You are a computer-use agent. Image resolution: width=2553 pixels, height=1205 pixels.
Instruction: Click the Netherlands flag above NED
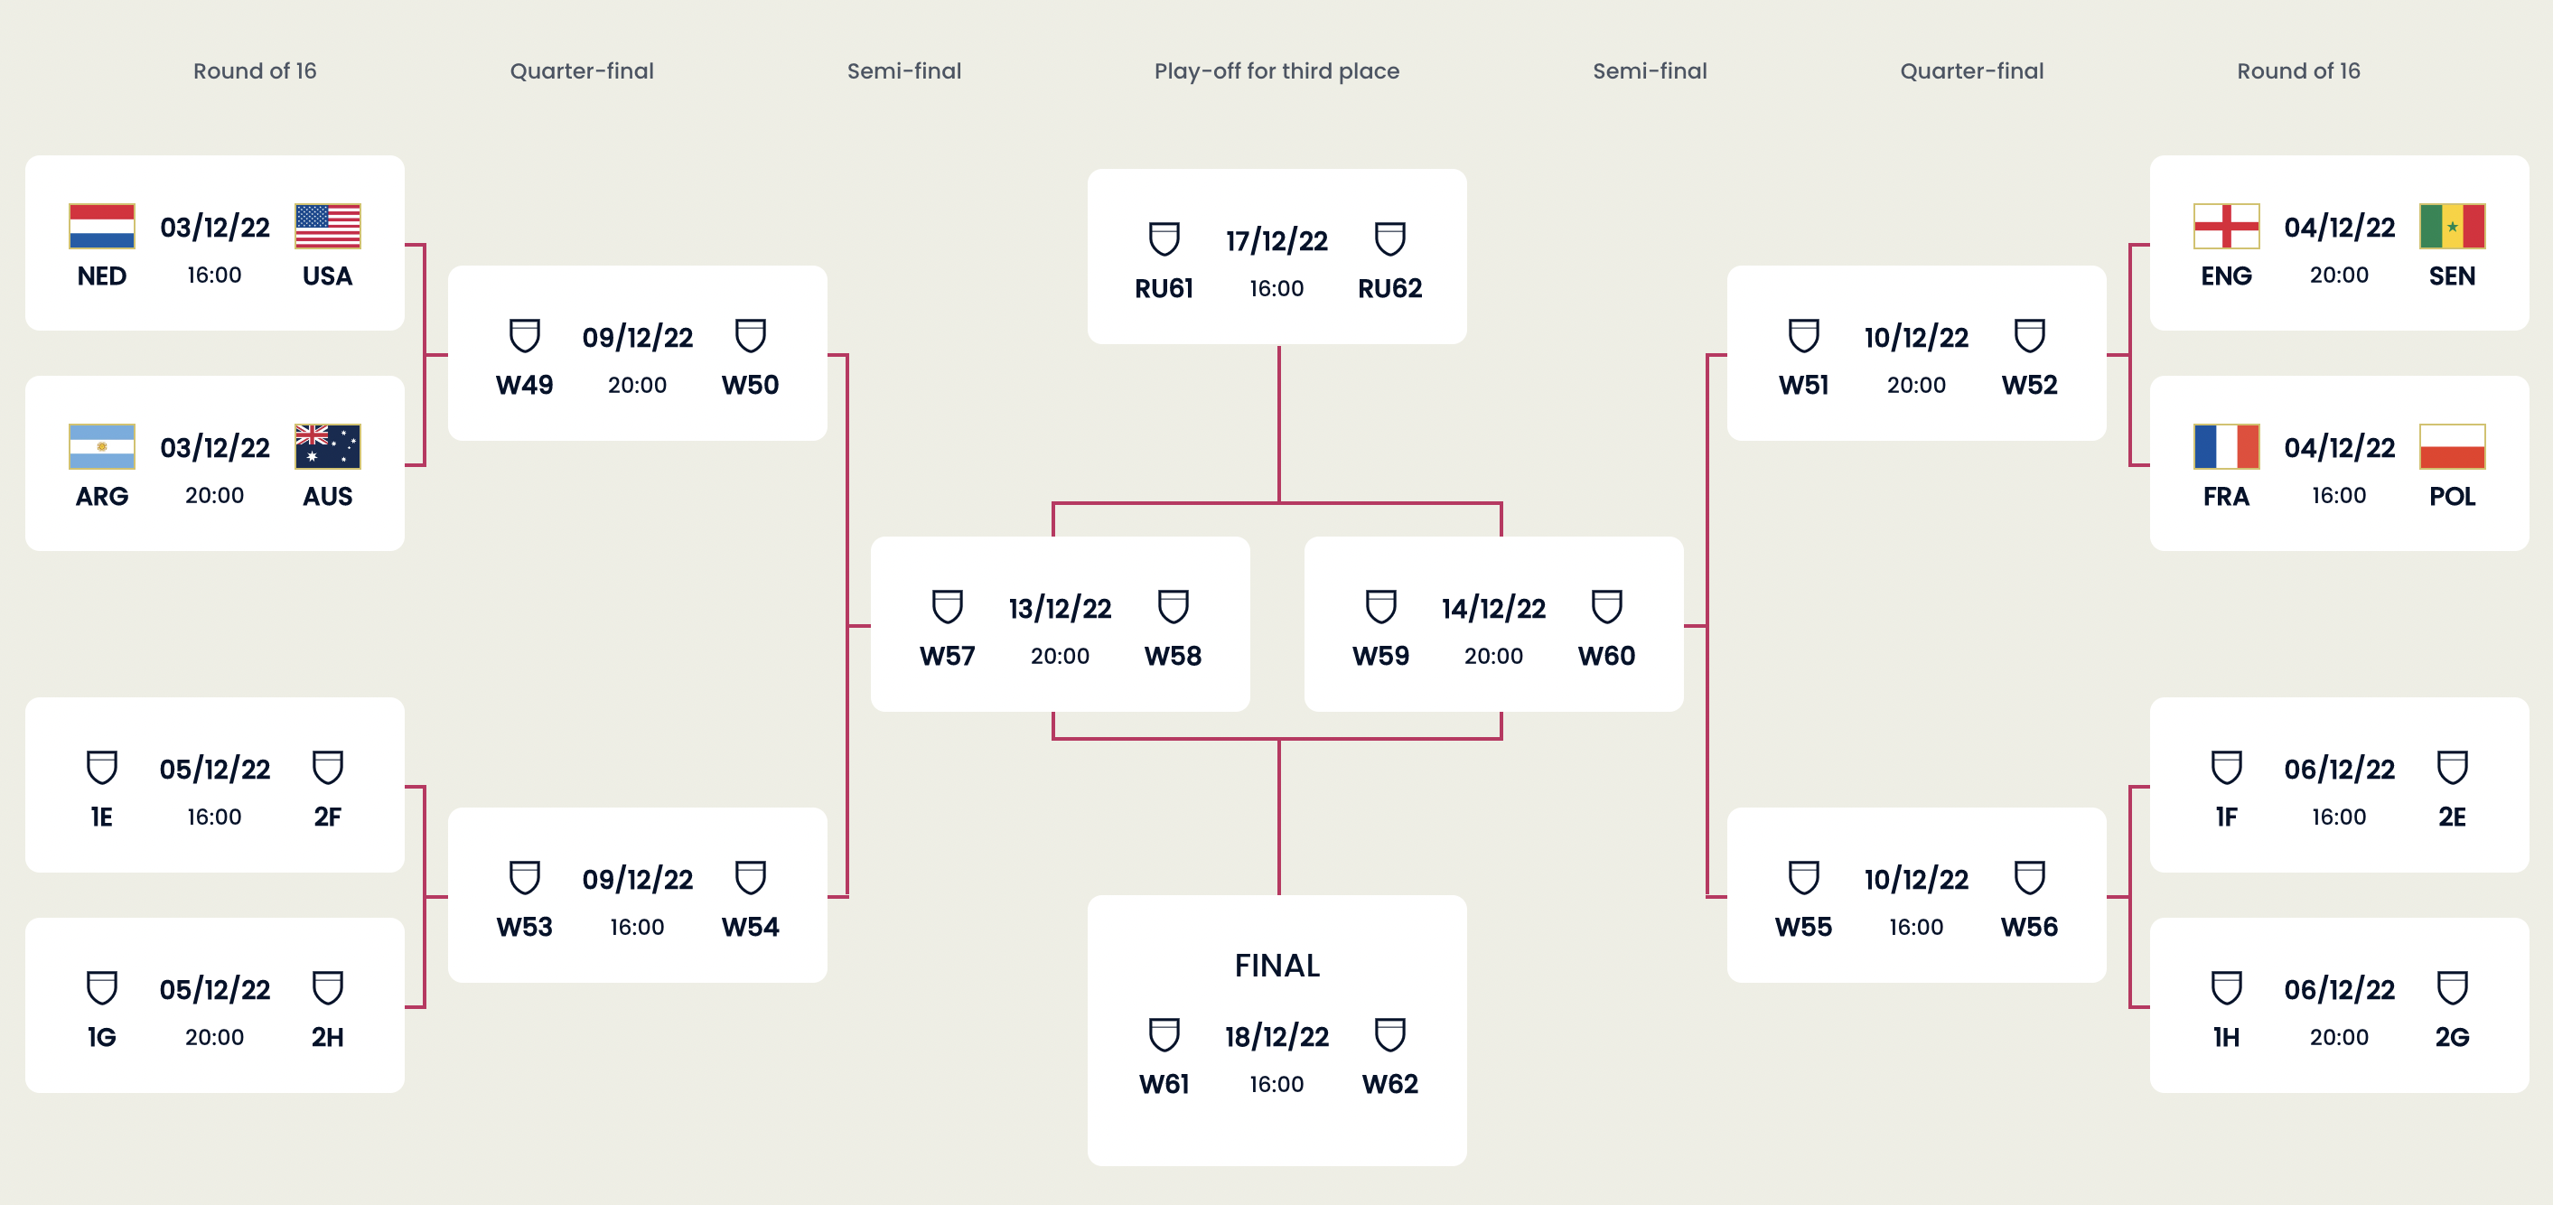pyautogui.click(x=102, y=226)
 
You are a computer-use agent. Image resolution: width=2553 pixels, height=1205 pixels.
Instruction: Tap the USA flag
pyautogui.click(x=328, y=226)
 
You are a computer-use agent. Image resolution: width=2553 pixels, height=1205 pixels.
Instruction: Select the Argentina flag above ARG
pyautogui.click(x=102, y=446)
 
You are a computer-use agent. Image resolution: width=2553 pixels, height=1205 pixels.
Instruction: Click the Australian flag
pyautogui.click(x=328, y=446)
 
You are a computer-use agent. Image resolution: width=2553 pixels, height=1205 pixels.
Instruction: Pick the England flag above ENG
pyautogui.click(x=2227, y=226)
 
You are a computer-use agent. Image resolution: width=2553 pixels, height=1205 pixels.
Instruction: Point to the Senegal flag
pyautogui.click(x=2453, y=226)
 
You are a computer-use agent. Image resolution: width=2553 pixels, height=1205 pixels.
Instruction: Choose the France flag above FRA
pyautogui.click(x=2227, y=446)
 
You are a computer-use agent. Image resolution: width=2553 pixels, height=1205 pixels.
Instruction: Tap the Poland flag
pyautogui.click(x=2453, y=446)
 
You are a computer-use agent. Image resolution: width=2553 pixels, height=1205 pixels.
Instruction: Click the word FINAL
pyautogui.click(x=1277, y=966)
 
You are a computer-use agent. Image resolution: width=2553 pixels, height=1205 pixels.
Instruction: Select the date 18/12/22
pyautogui.click(x=1277, y=1037)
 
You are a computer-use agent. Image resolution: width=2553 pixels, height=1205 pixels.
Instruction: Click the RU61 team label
pyautogui.click(x=1164, y=288)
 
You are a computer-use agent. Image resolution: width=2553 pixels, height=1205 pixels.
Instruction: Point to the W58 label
pyautogui.click(x=1174, y=656)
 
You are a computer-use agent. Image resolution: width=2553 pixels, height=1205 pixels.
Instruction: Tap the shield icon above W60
pyautogui.click(x=1606, y=606)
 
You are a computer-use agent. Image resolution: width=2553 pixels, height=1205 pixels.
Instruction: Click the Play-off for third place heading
pyautogui.click(x=1277, y=71)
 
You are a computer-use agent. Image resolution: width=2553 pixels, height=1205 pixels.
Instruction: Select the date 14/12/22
pyautogui.click(x=1493, y=609)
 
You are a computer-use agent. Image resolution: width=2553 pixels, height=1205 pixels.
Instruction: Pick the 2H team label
pyautogui.click(x=328, y=1038)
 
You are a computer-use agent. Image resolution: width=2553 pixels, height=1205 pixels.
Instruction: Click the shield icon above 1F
pyautogui.click(x=2227, y=767)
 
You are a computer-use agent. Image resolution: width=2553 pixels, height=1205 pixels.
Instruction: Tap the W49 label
pyautogui.click(x=525, y=385)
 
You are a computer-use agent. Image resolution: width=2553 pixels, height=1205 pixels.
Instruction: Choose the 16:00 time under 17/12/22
pyautogui.click(x=1277, y=288)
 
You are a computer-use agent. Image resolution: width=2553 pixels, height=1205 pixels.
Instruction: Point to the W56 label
pyautogui.click(x=2030, y=928)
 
